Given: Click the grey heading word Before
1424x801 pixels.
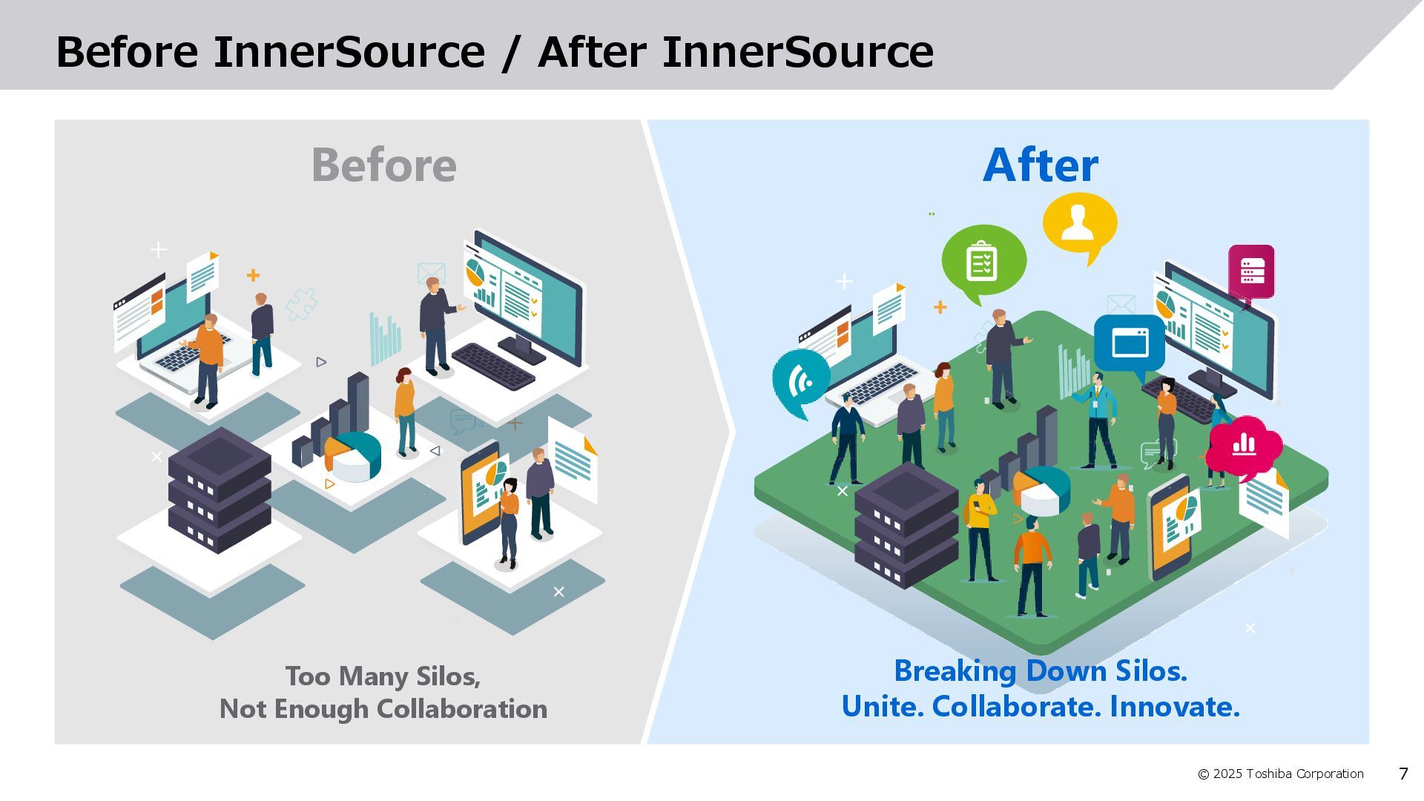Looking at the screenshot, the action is (383, 165).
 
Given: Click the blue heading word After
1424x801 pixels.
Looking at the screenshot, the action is (1040, 165).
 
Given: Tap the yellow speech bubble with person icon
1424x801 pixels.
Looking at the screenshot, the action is (1079, 223).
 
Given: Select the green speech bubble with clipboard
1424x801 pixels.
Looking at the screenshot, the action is (983, 260).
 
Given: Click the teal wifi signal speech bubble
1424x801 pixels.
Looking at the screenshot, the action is (800, 380).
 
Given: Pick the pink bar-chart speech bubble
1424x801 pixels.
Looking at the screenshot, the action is (1244, 445).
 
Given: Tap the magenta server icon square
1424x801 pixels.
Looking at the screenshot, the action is (1251, 271).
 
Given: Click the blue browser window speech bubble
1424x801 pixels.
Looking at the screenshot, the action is (1130, 343).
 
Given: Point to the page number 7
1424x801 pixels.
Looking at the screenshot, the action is (1402, 774).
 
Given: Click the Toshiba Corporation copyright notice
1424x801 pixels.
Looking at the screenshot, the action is (1281, 774).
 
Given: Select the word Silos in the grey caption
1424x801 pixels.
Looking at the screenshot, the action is (447, 676).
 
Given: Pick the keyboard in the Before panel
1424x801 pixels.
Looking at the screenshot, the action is (493, 366).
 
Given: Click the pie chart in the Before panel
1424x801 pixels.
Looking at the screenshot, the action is (355, 455).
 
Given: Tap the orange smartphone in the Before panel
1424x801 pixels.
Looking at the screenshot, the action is (480, 492).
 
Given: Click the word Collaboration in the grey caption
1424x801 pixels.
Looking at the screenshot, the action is (462, 709).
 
